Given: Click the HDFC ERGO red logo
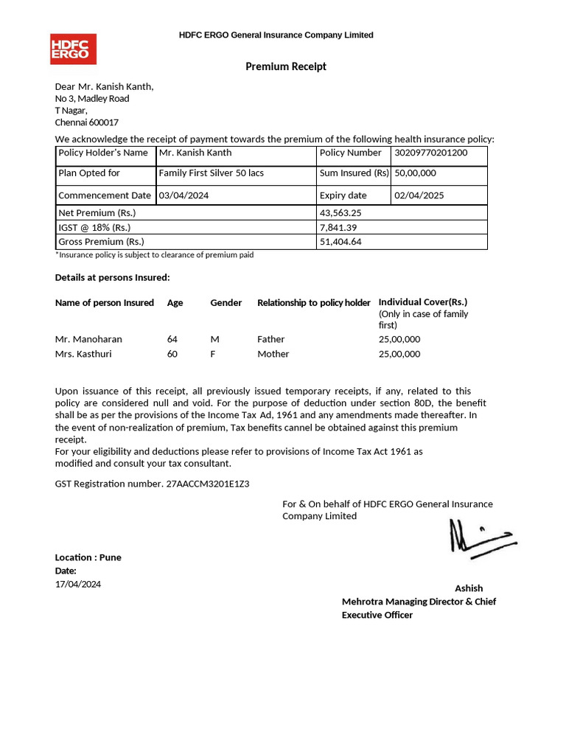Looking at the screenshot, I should (x=72, y=49).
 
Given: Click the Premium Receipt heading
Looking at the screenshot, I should (x=285, y=67).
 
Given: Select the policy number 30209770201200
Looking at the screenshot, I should (x=431, y=153).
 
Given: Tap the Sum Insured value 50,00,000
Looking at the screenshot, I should (x=416, y=173).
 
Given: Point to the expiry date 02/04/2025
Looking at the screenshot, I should (x=419, y=195).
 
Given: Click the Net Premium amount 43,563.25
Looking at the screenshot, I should (x=341, y=212).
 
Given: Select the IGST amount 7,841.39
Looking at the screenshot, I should (x=338, y=227).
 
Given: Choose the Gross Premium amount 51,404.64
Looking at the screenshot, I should (x=340, y=242).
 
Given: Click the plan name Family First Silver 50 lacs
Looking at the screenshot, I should (x=212, y=173).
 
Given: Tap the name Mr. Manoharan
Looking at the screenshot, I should (x=88, y=339).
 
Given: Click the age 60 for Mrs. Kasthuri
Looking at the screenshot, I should (x=172, y=354).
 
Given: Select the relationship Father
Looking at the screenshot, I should (x=270, y=339).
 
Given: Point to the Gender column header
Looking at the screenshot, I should (x=226, y=303).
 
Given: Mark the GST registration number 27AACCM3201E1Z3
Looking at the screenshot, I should (x=203, y=484).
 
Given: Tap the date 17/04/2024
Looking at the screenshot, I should (x=78, y=584).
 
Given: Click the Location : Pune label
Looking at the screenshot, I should (x=88, y=557).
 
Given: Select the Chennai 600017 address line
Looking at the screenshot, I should (x=87, y=122).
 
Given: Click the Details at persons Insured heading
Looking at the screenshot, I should (x=112, y=277).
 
